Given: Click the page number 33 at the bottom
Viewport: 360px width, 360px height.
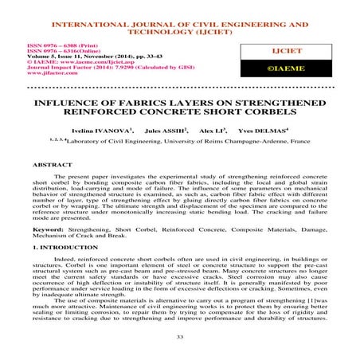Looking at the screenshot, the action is [180, 338].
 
